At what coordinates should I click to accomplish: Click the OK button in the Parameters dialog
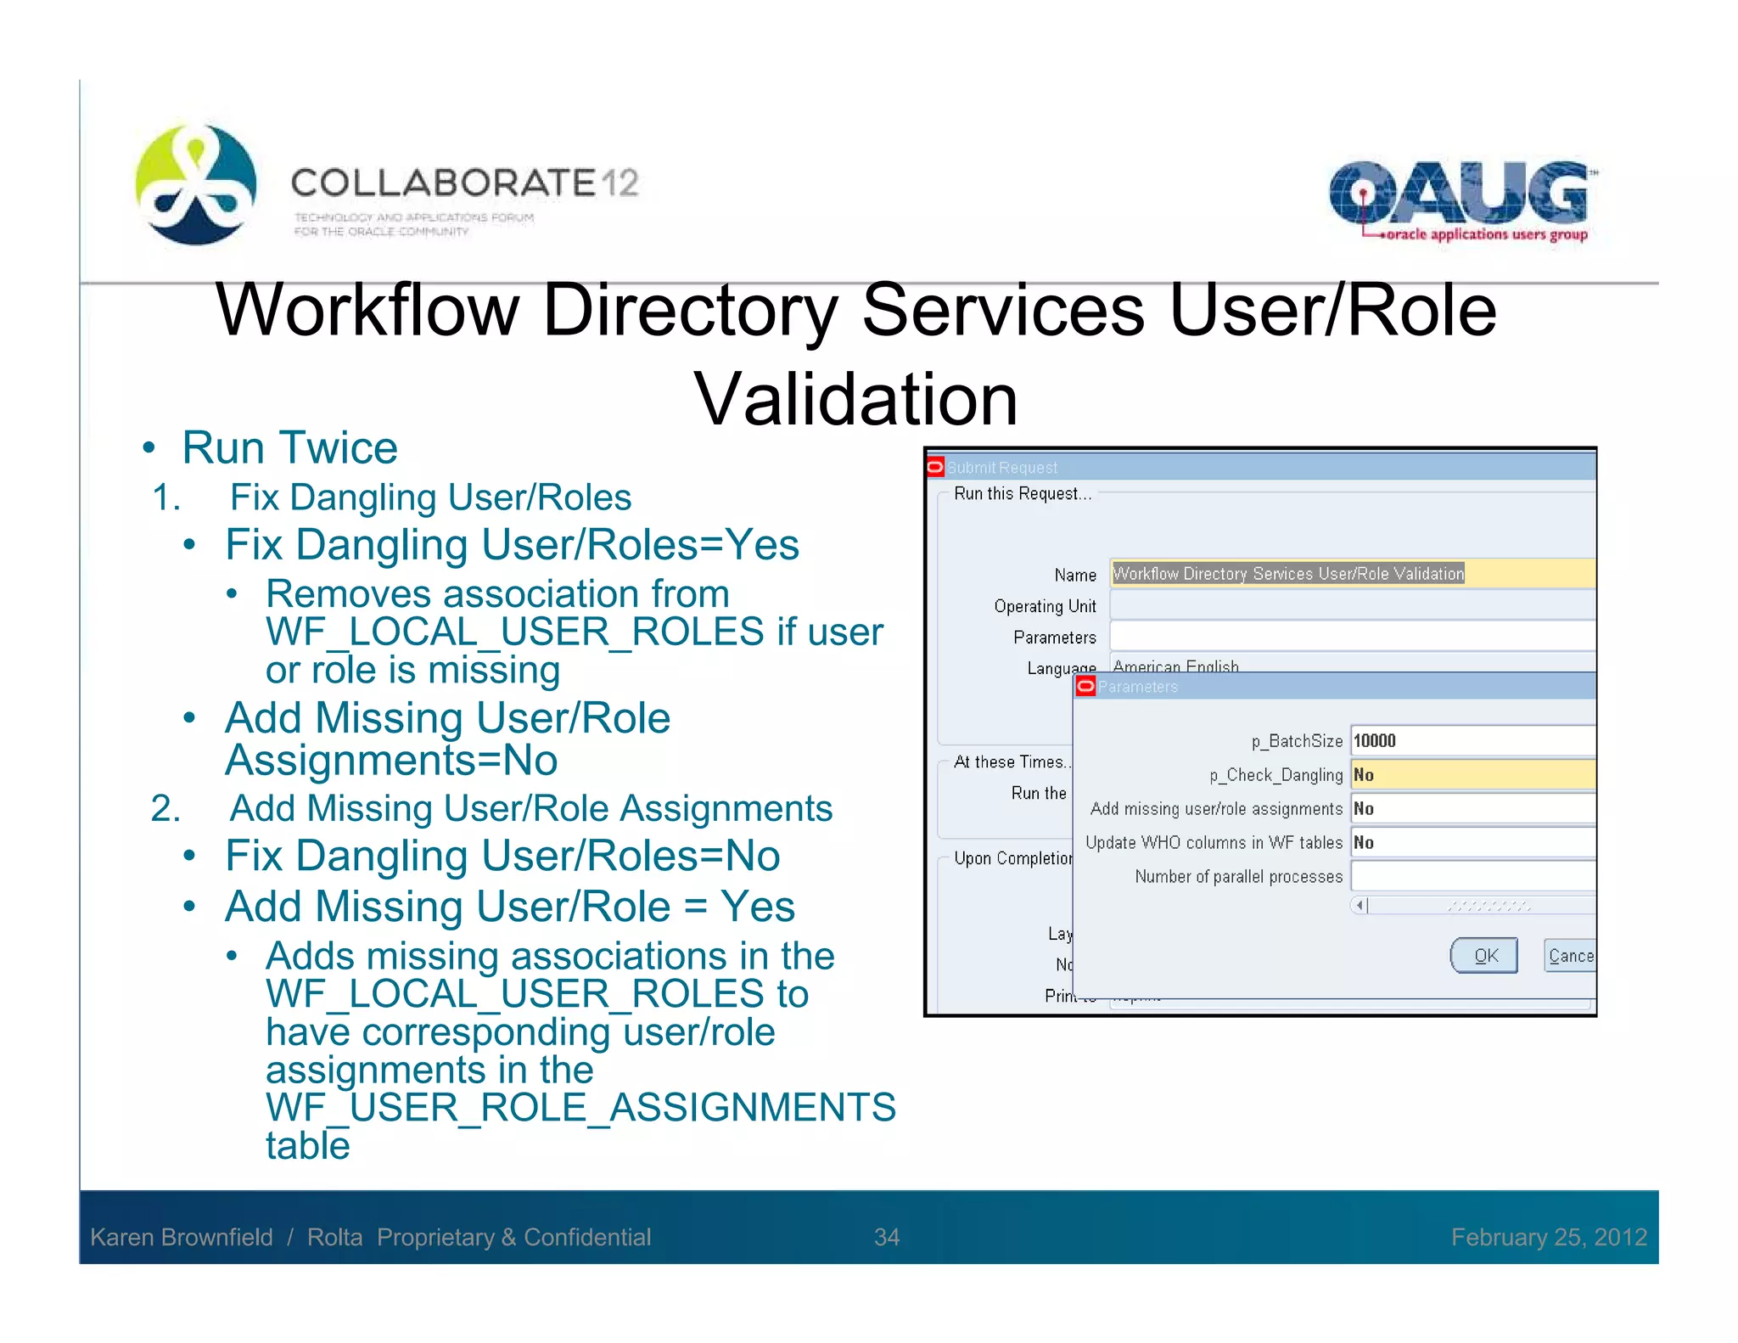(x=1483, y=956)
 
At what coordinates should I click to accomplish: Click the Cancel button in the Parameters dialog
(x=1569, y=956)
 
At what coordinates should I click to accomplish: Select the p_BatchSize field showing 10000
(x=1472, y=740)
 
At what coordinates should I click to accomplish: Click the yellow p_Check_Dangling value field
(x=1472, y=774)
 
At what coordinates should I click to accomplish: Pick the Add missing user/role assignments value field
(x=1472, y=808)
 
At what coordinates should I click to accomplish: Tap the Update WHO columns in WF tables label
(x=1214, y=842)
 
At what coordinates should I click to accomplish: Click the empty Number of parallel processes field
(x=1472, y=876)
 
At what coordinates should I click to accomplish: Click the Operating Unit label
(x=1045, y=606)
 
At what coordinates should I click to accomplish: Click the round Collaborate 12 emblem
(x=196, y=184)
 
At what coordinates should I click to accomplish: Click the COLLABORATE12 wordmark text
(x=464, y=183)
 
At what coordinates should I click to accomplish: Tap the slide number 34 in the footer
(x=886, y=1237)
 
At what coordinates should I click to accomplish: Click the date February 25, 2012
(x=1548, y=1237)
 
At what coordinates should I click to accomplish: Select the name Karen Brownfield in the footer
(x=182, y=1237)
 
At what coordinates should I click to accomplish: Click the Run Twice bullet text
(x=289, y=447)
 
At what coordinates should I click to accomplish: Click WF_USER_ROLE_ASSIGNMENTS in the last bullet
(x=580, y=1107)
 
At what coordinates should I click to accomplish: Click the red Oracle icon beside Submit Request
(x=935, y=467)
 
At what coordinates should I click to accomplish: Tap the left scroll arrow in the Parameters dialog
(x=1360, y=906)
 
